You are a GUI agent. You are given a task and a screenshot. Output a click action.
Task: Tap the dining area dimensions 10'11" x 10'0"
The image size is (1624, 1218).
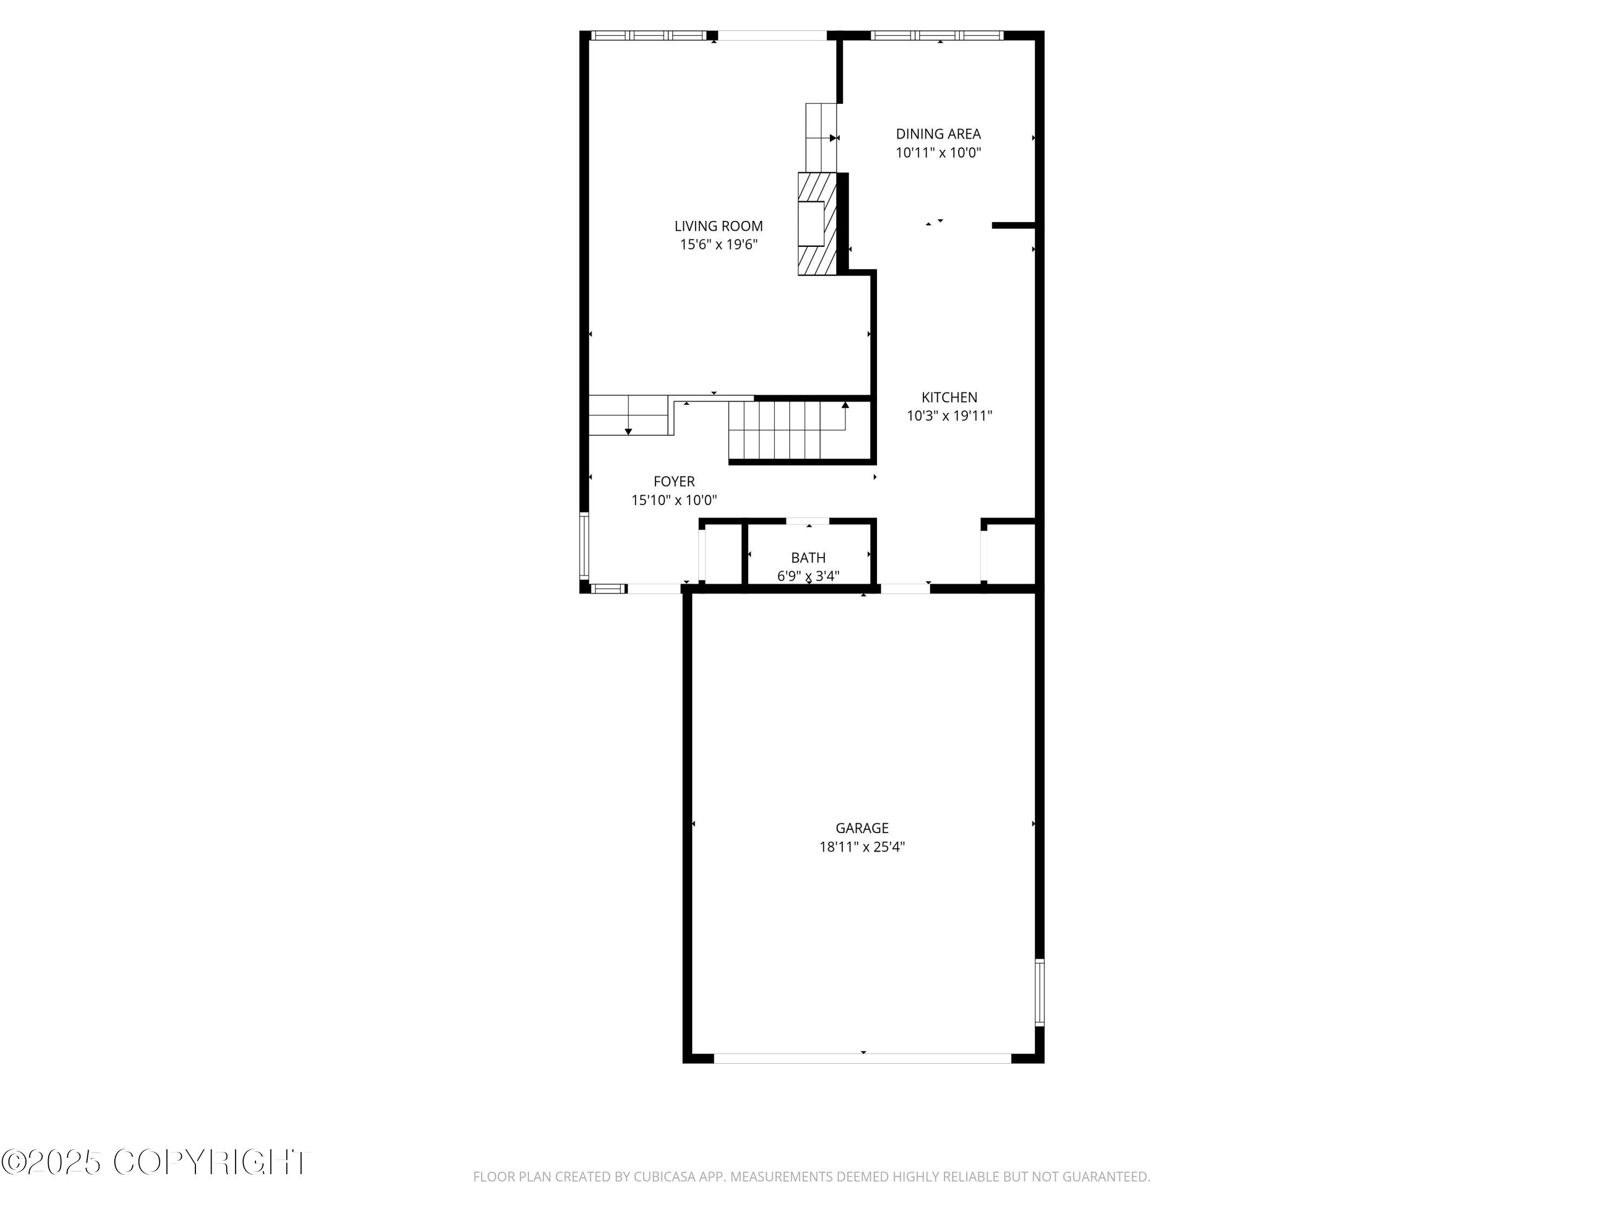click(938, 153)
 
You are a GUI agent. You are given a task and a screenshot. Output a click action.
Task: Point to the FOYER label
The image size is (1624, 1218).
click(673, 482)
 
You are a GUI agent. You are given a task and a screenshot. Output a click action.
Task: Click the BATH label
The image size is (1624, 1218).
click(808, 558)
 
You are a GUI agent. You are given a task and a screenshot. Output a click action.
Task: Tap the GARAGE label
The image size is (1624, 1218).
click(861, 828)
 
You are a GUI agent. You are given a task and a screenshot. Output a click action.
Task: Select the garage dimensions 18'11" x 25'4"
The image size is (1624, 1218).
click(861, 847)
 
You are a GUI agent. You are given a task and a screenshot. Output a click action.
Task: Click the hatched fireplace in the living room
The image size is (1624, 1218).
click(816, 224)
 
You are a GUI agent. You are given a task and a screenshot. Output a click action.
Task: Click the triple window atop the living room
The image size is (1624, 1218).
click(649, 35)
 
